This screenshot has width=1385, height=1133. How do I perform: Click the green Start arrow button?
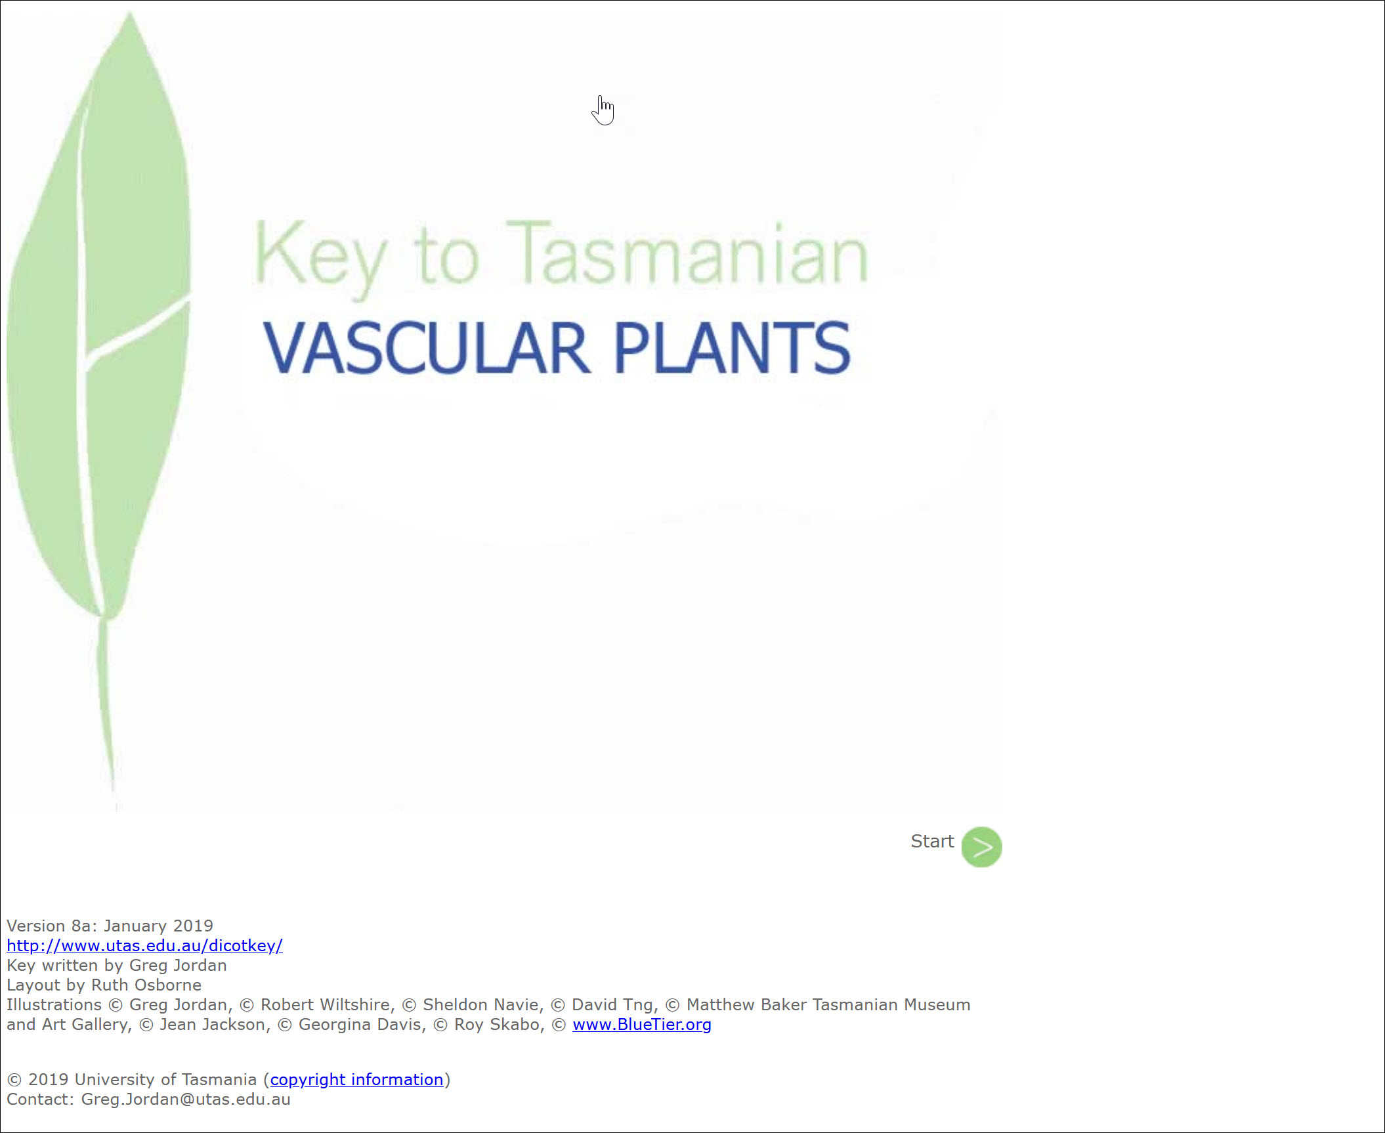tap(981, 847)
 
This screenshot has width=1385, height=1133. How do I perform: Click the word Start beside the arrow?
tap(932, 841)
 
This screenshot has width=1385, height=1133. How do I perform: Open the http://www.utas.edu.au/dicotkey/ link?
tap(144, 945)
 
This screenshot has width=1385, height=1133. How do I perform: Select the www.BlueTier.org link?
tap(641, 1024)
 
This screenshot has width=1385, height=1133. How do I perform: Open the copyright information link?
tap(356, 1079)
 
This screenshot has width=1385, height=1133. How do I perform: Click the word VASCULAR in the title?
tap(427, 348)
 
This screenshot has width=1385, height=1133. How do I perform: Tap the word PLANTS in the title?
tap(732, 348)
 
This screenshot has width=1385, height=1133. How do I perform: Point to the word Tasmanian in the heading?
tap(687, 255)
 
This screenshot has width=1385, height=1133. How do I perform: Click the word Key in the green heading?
tap(320, 259)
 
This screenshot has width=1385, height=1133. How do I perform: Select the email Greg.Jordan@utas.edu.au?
tap(186, 1099)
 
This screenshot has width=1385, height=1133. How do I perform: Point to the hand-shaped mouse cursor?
tap(603, 110)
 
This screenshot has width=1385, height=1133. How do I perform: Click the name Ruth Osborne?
tap(146, 985)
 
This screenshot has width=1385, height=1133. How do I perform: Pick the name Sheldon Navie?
tap(483, 1004)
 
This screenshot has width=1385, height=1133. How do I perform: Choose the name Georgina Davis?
tap(362, 1024)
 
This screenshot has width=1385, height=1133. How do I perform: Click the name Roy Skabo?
tap(500, 1024)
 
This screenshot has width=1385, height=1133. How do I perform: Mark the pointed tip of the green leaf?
tap(130, 12)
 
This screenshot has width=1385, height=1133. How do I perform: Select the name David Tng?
tap(614, 1004)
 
